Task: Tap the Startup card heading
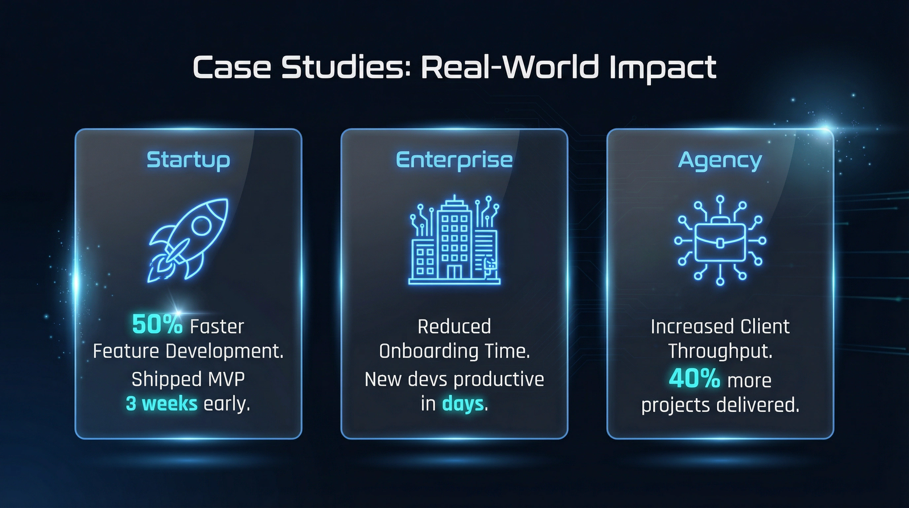[188, 160]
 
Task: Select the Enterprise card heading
[454, 160]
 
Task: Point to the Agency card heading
[720, 161]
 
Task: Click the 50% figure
[157, 325]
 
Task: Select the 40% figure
[694, 379]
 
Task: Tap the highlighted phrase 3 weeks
[161, 404]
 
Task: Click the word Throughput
[720, 352]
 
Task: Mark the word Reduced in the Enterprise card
[454, 326]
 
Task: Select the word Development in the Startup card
[224, 352]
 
